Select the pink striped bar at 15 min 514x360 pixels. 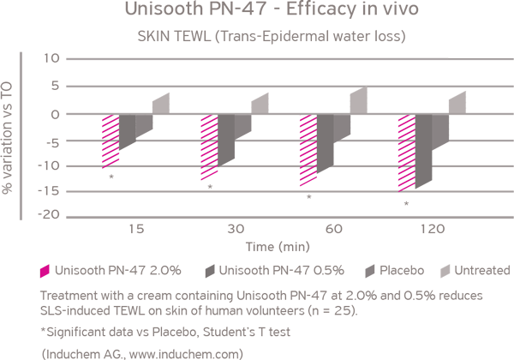pos(111,141)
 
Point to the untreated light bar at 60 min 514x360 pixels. pos(358,100)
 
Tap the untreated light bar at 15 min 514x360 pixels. pos(161,104)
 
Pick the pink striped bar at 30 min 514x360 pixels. pos(209,147)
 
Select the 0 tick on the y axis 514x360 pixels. pos(55,115)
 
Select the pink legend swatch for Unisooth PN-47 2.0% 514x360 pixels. pos(45,271)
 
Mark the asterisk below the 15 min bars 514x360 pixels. pos(112,177)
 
